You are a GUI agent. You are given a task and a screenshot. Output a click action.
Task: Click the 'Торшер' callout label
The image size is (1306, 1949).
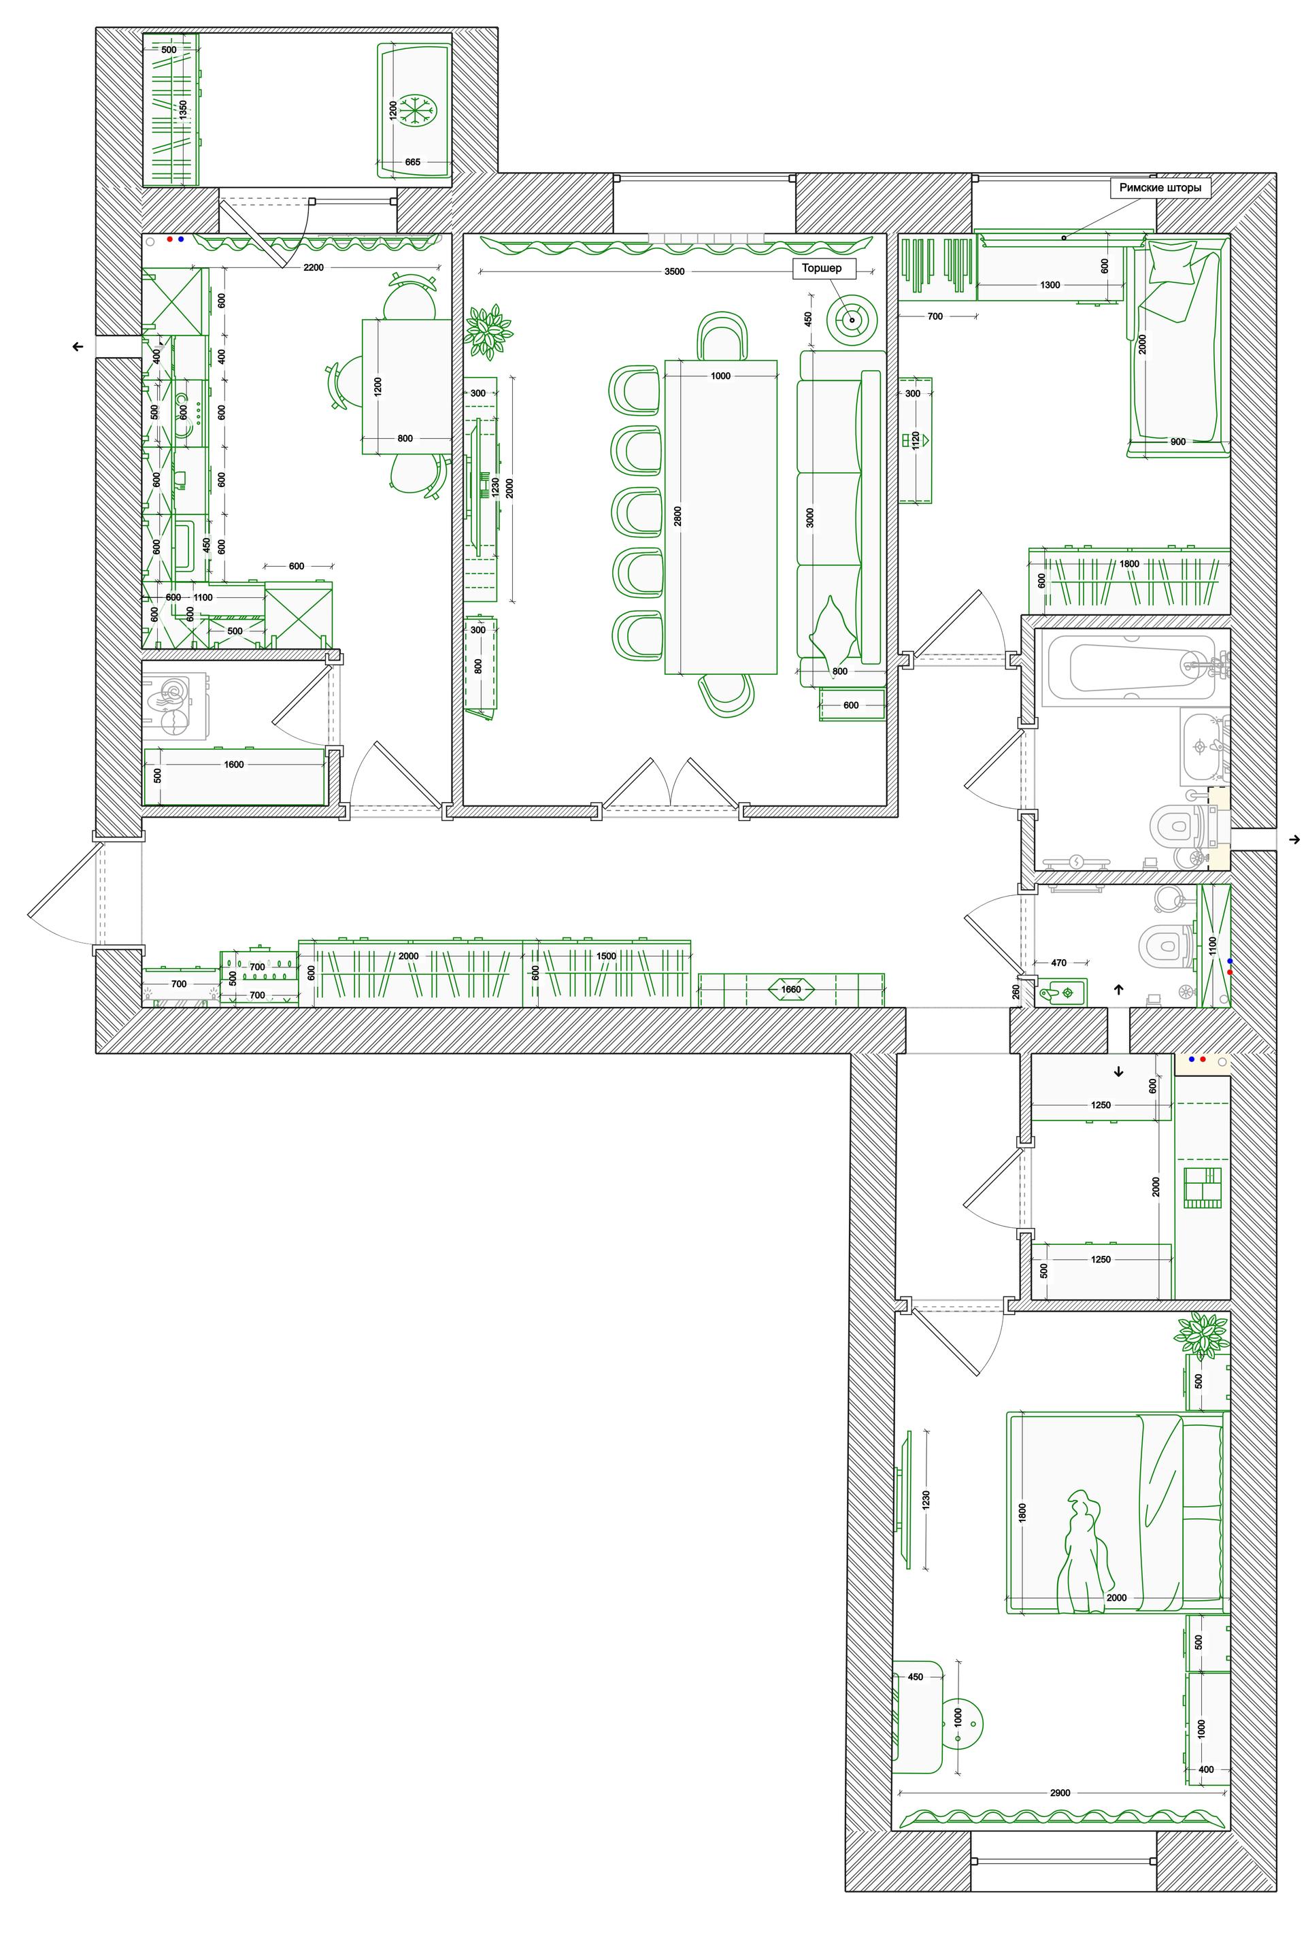[x=823, y=268]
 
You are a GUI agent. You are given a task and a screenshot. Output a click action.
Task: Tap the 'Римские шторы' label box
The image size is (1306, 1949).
[x=1160, y=188]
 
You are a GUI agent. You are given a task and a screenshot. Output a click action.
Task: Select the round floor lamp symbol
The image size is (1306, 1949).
[x=851, y=320]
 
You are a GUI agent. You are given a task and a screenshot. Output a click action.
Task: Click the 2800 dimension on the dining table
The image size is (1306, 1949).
[x=678, y=516]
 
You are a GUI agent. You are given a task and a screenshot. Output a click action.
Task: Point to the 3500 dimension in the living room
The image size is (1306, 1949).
[x=675, y=271]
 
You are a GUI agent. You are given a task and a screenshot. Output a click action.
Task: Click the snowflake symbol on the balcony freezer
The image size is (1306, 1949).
[x=411, y=111]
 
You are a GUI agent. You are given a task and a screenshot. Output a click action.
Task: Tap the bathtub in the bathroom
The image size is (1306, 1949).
[x=1131, y=667]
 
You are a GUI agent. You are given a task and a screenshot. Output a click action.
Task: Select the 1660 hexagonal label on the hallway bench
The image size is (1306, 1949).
[x=791, y=990]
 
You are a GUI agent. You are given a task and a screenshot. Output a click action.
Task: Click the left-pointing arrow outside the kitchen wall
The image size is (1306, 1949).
[x=78, y=346]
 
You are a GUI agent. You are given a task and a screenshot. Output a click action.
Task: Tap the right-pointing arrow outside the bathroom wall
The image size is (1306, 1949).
[x=1294, y=839]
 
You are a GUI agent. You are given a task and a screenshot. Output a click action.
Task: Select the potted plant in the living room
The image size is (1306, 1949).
[x=488, y=331]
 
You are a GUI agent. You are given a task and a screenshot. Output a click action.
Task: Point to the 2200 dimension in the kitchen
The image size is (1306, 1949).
[x=313, y=267]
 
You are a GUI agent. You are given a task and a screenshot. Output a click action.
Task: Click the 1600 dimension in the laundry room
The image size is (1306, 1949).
[x=234, y=765]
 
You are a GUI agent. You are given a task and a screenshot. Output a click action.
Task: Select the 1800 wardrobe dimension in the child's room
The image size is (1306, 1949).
[x=1128, y=564]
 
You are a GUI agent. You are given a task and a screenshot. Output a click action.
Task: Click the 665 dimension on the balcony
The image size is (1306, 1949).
[x=412, y=163]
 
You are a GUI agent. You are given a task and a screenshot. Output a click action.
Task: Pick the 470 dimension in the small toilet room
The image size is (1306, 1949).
[x=1058, y=963]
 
